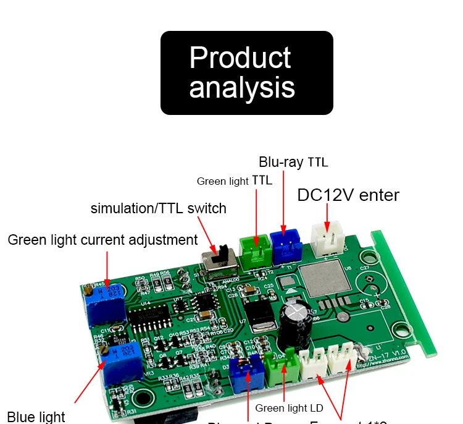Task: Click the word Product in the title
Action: click(x=240, y=57)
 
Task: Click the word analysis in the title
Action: click(x=242, y=87)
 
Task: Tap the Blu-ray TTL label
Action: click(x=293, y=163)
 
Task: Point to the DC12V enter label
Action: click(x=348, y=195)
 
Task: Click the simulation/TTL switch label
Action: click(x=159, y=208)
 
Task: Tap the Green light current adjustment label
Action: click(x=102, y=240)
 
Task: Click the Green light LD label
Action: click(x=289, y=408)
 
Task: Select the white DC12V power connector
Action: click(x=327, y=237)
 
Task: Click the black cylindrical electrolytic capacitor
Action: click(x=294, y=325)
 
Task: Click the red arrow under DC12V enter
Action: click(x=327, y=214)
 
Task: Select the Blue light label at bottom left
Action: click(x=36, y=416)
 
